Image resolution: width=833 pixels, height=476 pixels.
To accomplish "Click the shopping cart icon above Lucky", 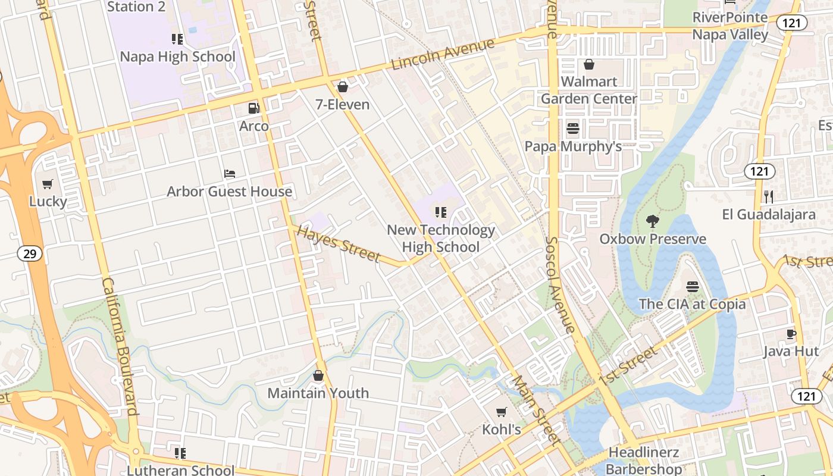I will click(48, 184).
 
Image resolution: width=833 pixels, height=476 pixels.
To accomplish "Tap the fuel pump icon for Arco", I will click(254, 108).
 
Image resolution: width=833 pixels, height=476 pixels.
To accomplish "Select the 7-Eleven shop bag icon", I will click(343, 87).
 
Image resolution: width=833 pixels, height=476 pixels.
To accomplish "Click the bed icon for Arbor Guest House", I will click(230, 174).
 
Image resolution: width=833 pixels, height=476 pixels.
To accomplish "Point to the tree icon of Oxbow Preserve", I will click(653, 221).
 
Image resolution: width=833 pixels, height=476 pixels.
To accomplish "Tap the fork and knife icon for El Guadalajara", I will click(769, 196).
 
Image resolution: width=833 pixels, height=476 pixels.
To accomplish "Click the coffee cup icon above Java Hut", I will click(791, 334).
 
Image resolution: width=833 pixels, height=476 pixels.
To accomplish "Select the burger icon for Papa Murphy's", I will click(573, 128).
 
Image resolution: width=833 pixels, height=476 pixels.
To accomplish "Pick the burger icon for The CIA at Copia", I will click(692, 286).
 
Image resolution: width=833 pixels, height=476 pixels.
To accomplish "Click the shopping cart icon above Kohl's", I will click(502, 412).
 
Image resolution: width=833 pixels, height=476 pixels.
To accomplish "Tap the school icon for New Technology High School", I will click(441, 212).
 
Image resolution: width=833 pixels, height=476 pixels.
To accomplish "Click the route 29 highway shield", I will click(29, 254).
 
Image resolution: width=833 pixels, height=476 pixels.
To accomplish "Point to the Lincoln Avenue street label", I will click(443, 55).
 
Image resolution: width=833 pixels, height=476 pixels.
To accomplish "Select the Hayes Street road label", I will click(338, 244).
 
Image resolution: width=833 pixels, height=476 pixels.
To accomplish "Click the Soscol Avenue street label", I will click(561, 284).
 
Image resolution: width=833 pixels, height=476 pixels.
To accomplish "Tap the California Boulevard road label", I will click(120, 346).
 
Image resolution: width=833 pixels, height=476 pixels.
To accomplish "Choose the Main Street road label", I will click(536, 411).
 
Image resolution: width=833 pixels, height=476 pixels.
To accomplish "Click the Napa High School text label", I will click(177, 57).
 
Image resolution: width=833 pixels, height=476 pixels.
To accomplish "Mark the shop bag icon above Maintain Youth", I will click(318, 375).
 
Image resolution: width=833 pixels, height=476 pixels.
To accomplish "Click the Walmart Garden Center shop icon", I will click(589, 64).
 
